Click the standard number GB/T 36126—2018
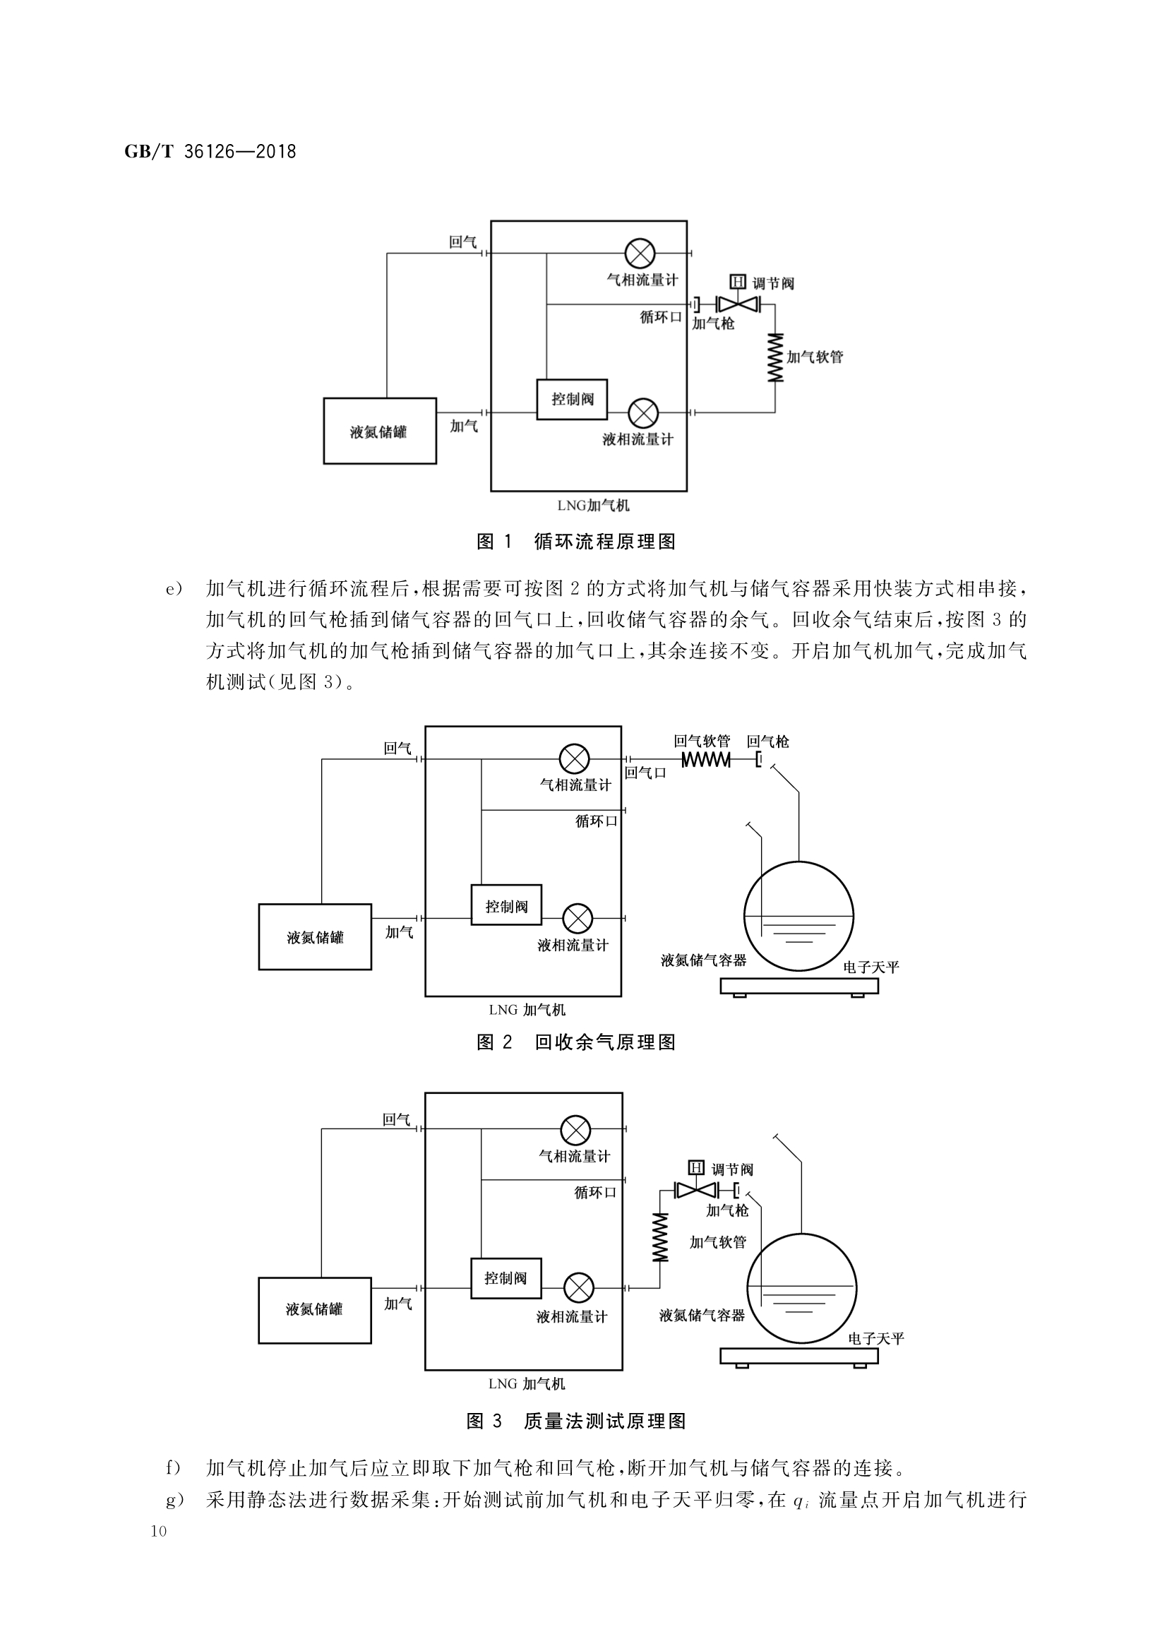click(x=210, y=152)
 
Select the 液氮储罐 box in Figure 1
click(x=380, y=431)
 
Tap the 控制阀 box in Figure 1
click(x=573, y=399)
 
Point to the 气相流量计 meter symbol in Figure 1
click(x=639, y=253)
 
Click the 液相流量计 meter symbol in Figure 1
click(x=643, y=412)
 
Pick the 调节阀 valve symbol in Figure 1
click(x=738, y=304)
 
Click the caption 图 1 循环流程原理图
click(x=576, y=542)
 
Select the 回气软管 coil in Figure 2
click(x=705, y=759)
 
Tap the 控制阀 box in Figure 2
click(x=506, y=905)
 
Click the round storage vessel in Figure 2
click(x=798, y=916)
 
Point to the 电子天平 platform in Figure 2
click(x=799, y=986)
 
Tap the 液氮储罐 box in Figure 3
click(x=315, y=1309)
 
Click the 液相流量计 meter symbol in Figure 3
click(x=578, y=1288)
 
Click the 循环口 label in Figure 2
click(x=596, y=821)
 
